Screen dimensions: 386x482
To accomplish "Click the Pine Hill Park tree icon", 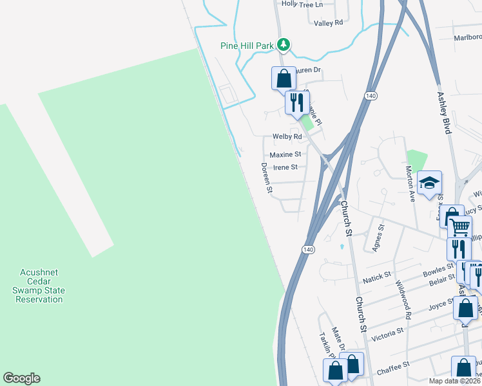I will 282,45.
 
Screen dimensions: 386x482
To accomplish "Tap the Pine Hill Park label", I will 247,46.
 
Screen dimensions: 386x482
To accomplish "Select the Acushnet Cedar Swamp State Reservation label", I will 40,286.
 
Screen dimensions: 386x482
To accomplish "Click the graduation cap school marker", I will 429,183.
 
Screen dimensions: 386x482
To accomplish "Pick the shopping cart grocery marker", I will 459,227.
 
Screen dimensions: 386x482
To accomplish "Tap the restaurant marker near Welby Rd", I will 296,103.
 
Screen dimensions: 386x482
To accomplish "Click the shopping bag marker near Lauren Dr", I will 284,78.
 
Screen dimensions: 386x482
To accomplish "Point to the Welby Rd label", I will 287,136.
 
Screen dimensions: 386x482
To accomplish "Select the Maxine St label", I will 285,154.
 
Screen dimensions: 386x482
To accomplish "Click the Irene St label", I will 285,167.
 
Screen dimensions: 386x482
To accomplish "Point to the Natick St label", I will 377,277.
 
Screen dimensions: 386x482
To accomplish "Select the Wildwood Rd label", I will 403,300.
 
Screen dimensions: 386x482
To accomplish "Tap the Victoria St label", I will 387,331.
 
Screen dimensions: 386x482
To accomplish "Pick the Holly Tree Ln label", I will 302,4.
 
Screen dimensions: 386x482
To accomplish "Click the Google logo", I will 21,378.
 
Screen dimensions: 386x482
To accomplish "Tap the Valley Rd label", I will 329,23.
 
